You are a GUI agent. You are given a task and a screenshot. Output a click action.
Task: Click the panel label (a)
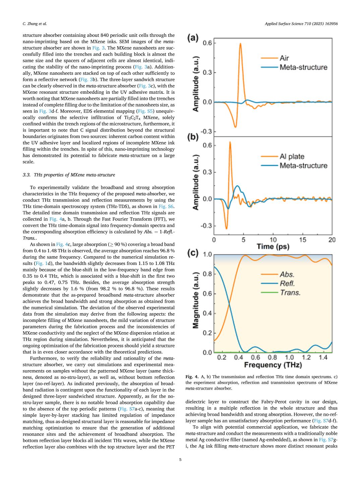[193, 38]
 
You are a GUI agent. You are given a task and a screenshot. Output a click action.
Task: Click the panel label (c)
[193, 253]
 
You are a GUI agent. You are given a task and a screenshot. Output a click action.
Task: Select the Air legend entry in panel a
[284, 58]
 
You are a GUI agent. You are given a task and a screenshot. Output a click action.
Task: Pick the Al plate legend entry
[292, 156]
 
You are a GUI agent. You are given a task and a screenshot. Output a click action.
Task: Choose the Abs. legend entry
[287, 274]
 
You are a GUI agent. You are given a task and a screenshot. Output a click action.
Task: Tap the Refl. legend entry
[287, 283]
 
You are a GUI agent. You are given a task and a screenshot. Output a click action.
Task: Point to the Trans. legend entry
[290, 292]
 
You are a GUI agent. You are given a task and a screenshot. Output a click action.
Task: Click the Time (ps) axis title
[273, 247]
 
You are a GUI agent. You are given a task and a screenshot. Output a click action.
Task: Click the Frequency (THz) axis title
[273, 365]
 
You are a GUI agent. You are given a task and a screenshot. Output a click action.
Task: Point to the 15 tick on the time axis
[302, 239]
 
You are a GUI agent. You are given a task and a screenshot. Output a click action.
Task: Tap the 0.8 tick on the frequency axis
[272, 358]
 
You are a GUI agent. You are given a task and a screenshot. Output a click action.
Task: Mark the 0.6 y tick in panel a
[207, 43]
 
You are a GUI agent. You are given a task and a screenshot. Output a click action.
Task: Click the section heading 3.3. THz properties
[69, 175]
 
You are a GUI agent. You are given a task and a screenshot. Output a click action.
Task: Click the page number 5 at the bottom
[180, 460]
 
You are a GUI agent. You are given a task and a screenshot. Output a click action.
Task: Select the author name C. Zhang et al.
[35, 24]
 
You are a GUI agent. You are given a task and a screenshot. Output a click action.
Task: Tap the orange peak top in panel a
[240, 44]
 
